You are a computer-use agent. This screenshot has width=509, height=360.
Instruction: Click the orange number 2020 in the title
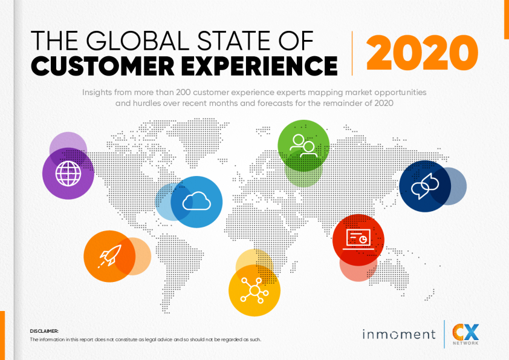pyautogui.click(x=422, y=53)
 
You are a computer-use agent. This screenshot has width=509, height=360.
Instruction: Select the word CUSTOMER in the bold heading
pyautogui.click(x=103, y=65)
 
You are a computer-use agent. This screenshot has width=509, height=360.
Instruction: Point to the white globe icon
pyautogui.click(x=68, y=174)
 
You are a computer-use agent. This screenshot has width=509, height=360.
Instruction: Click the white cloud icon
pyautogui.click(x=196, y=201)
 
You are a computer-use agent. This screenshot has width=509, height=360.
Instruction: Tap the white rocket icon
pyautogui.click(x=110, y=256)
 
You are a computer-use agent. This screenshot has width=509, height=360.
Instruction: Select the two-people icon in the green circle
pyautogui.click(x=303, y=146)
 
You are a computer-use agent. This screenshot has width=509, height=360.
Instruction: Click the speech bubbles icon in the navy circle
pyautogui.click(x=425, y=186)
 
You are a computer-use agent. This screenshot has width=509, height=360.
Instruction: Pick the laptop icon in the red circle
pyautogui.click(x=358, y=239)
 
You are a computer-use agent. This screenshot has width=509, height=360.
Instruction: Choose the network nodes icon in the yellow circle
pyautogui.click(x=254, y=290)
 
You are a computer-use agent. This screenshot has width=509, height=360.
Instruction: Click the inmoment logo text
pyautogui.click(x=399, y=335)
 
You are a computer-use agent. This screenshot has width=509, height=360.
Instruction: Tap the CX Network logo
pyautogui.click(x=465, y=335)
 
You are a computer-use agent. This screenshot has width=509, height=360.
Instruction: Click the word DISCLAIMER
pyautogui.click(x=44, y=331)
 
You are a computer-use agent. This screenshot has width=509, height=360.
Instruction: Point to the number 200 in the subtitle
pyautogui.click(x=183, y=93)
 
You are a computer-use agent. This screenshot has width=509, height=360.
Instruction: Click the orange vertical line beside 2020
pyautogui.click(x=352, y=53)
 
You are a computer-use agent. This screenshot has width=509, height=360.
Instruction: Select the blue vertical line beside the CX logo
pyautogui.click(x=444, y=335)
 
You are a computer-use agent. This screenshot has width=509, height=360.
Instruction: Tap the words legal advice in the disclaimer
pyautogui.click(x=158, y=339)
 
